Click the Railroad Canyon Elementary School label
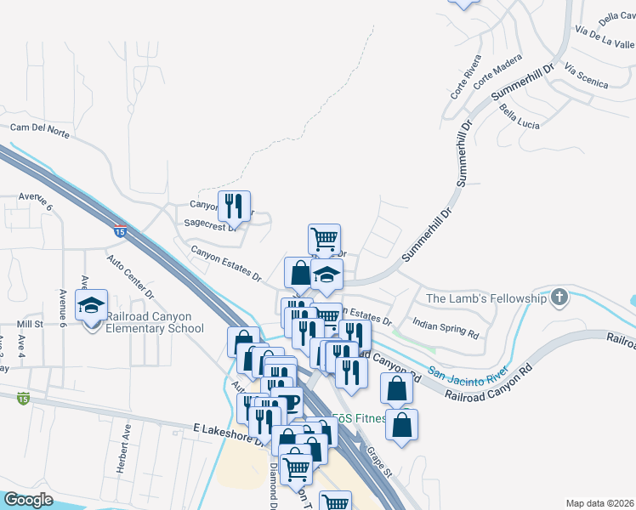pos(155,321)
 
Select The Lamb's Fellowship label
pos(486,298)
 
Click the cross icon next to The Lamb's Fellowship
pos(559,297)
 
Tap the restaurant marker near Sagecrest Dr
pos(234,206)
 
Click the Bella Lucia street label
pos(520,117)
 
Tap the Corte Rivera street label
pos(465,76)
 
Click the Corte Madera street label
pos(497,71)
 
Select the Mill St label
pos(30,324)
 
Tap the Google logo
pos(27,500)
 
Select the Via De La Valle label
pos(605,38)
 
